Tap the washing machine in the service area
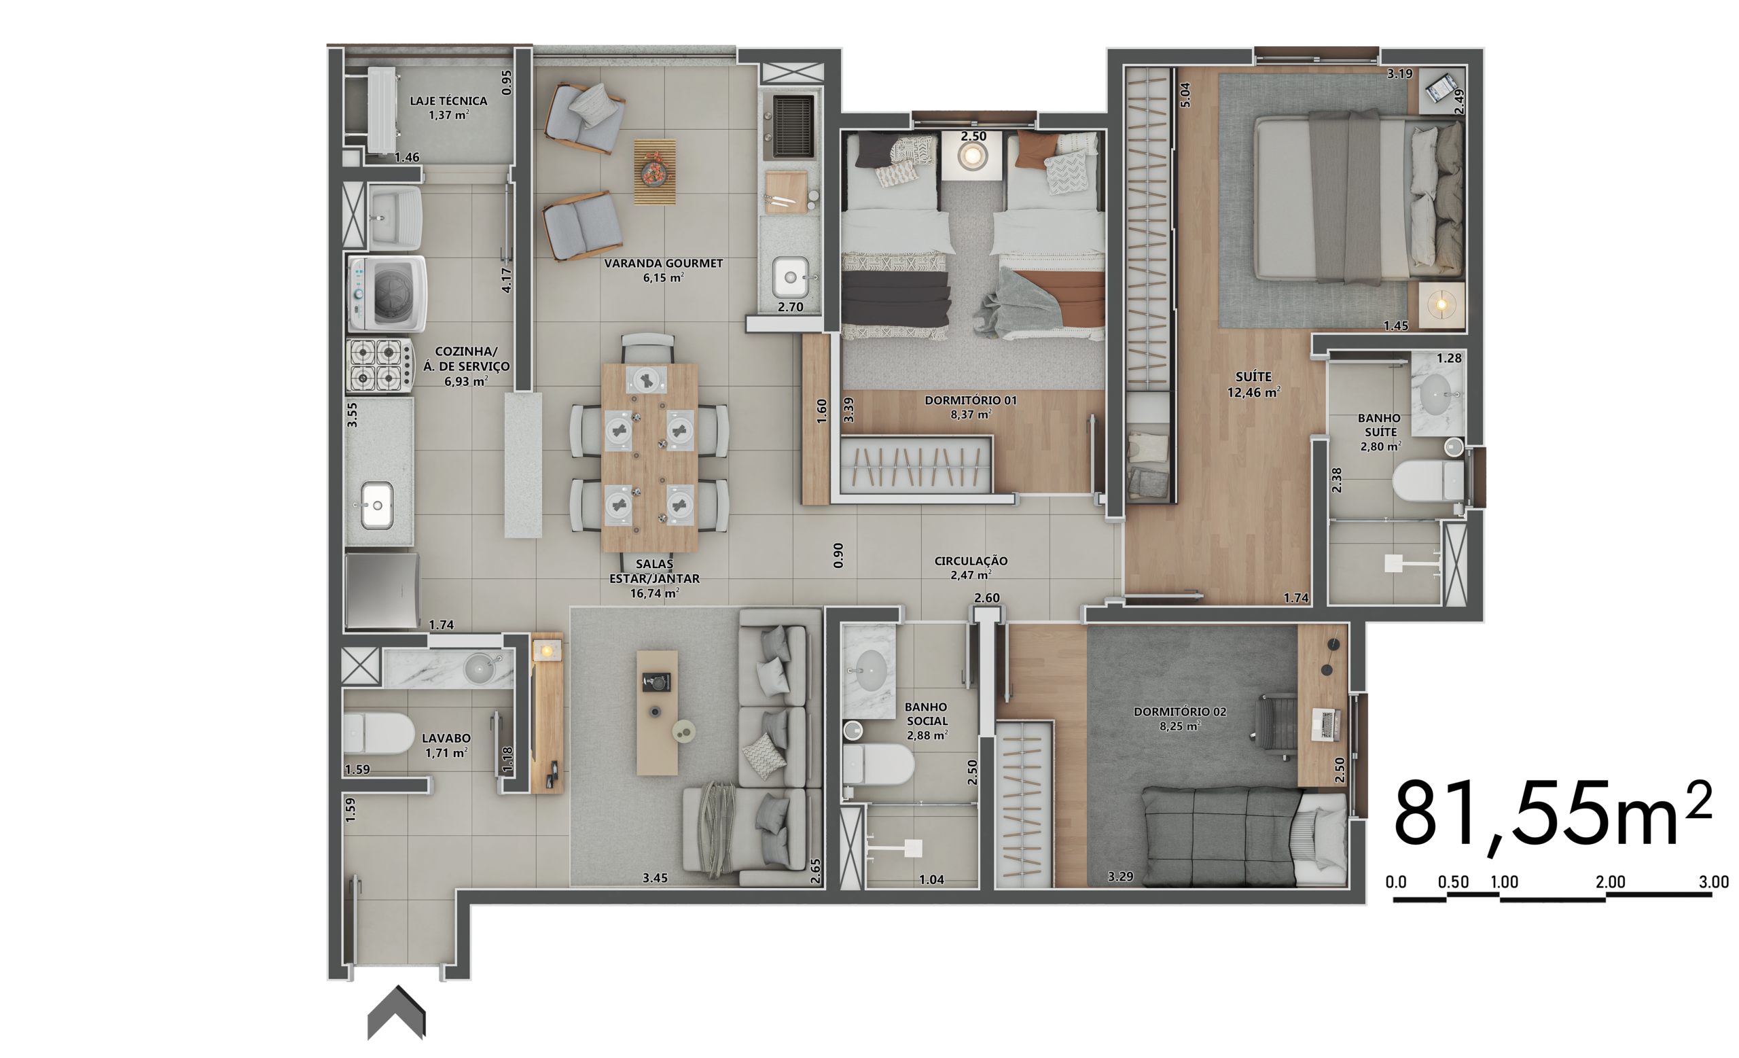(387, 294)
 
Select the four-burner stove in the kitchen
(380, 365)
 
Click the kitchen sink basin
(377, 505)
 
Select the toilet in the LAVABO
(379, 734)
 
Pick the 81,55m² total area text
(1553, 815)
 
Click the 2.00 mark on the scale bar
(1611, 881)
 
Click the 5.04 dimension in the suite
(1185, 94)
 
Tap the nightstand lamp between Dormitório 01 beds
(973, 154)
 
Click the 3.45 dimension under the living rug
(655, 878)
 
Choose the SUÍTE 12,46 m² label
(1253, 385)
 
